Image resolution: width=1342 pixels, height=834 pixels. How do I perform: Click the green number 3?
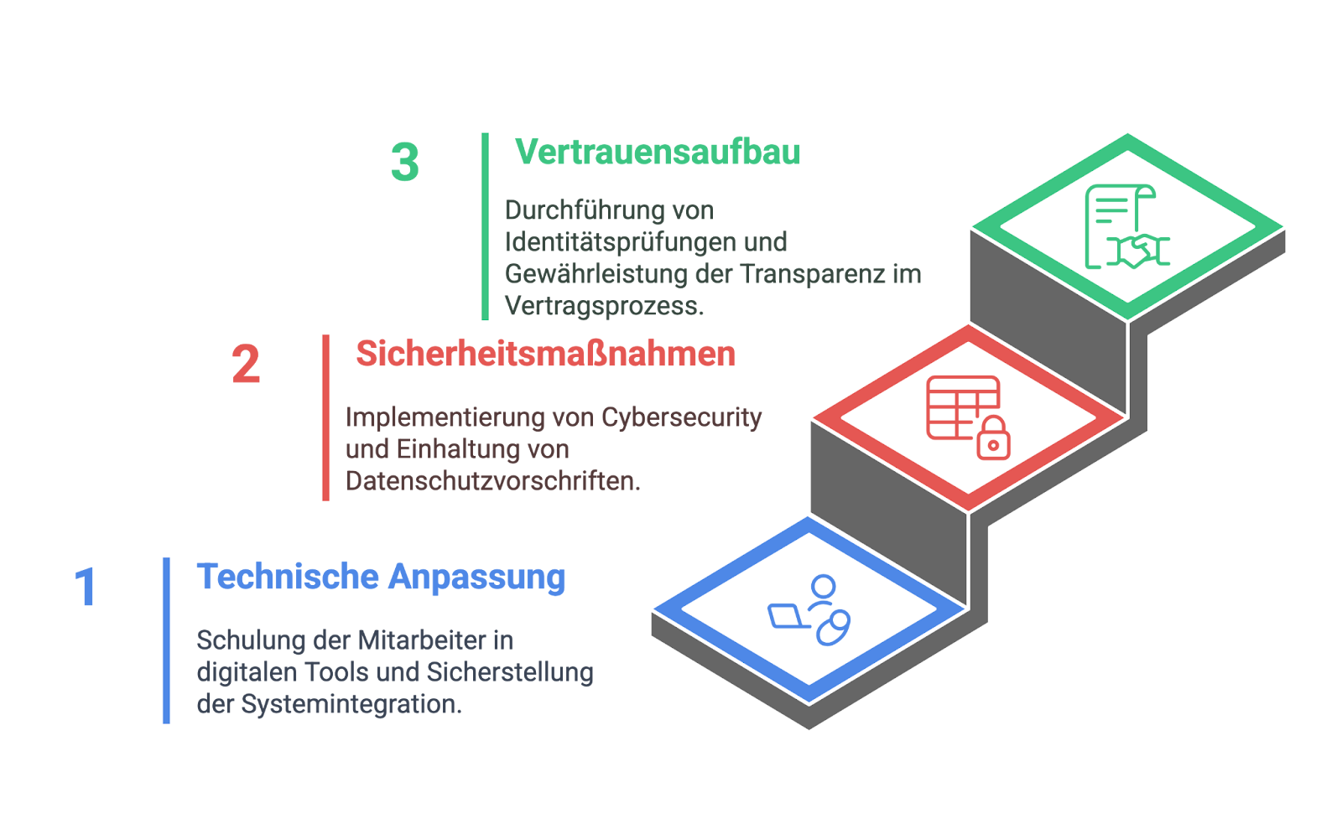405,162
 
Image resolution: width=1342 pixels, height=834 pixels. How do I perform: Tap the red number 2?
246,364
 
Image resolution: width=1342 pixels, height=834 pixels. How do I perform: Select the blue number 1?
86,587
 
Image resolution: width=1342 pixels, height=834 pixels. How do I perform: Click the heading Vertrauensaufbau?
658,152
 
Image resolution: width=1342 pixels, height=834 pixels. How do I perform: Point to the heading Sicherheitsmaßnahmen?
546,353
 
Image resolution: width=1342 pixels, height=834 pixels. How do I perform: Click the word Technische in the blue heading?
289,577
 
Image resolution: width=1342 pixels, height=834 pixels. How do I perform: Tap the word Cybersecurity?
682,418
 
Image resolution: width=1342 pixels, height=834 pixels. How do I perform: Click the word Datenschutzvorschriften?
493,481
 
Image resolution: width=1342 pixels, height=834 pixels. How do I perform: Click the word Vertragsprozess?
605,307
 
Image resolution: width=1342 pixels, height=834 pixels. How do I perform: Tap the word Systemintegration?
351,704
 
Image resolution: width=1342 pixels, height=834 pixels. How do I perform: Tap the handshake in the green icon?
1137,251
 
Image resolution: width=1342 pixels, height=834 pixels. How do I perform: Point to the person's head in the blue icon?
824,586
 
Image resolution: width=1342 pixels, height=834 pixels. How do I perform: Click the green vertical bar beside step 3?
486,226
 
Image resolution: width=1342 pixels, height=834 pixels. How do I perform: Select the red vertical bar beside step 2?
326,417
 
